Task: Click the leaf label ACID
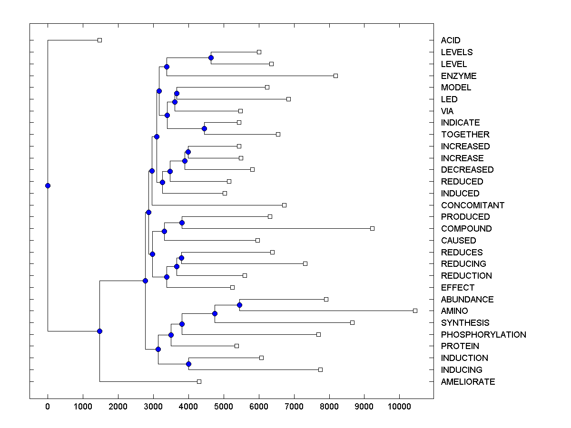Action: [450, 40]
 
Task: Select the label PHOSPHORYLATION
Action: [483, 335]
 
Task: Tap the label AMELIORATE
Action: [468, 382]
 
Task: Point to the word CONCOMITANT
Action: [473, 205]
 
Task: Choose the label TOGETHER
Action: [465, 135]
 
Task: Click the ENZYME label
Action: [458, 76]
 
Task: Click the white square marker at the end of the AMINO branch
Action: [415, 311]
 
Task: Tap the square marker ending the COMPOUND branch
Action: [372, 228]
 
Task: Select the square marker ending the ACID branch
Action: [99, 40]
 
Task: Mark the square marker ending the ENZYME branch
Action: [335, 76]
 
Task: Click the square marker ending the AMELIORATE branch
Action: [199, 381]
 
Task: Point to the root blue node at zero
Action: [48, 185]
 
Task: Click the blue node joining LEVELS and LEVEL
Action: [211, 58]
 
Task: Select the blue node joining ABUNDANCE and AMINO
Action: [239, 305]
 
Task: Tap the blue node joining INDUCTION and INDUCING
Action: [188, 364]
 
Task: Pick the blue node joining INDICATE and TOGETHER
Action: [204, 128]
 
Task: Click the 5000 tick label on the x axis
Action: [224, 406]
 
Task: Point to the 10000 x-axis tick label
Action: [399, 406]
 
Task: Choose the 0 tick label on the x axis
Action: [48, 406]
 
